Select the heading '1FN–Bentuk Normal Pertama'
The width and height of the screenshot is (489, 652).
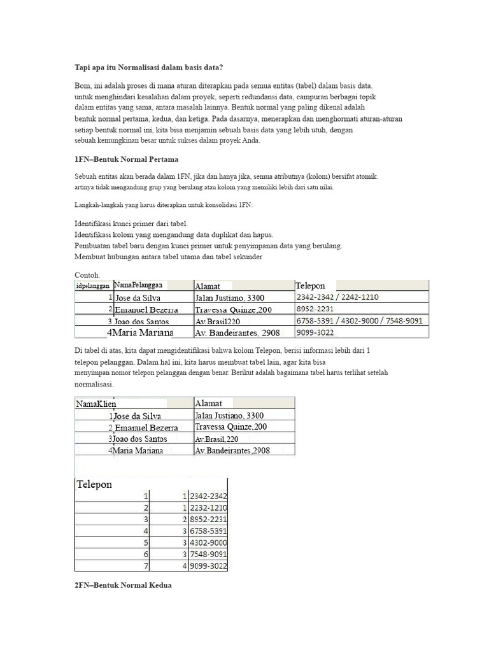pyautogui.click(x=127, y=158)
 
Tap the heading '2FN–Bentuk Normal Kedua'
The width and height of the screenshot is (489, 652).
pyautogui.click(x=123, y=585)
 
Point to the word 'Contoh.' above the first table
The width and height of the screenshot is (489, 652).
pyautogui.click(x=87, y=274)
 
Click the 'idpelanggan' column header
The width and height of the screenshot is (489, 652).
pyautogui.click(x=93, y=286)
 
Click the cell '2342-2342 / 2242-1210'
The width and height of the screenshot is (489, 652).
pyautogui.click(x=337, y=297)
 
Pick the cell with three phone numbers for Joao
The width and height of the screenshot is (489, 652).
pyautogui.click(x=359, y=321)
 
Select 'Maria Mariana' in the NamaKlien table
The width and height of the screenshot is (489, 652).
pyautogui.click(x=138, y=451)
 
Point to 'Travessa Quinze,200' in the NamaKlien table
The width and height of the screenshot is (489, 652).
pyautogui.click(x=231, y=427)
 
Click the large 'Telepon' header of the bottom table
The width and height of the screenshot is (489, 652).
pyautogui.click(x=94, y=484)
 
